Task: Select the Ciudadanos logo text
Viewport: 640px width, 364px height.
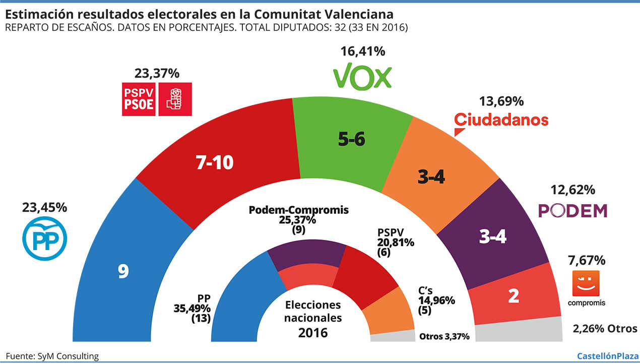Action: pyautogui.click(x=501, y=120)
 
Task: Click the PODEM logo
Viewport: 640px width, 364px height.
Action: pyautogui.click(x=573, y=211)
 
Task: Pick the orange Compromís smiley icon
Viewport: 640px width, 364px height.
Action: pyautogui.click(x=587, y=283)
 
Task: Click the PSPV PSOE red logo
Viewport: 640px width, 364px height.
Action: pyautogui.click(x=157, y=99)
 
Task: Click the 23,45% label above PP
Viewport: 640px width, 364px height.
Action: pyautogui.click(x=44, y=207)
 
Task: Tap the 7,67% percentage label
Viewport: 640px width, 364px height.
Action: pyautogui.click(x=586, y=261)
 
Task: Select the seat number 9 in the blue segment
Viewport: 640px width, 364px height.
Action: pyautogui.click(x=123, y=272)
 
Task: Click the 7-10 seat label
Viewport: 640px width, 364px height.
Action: pyautogui.click(x=215, y=162)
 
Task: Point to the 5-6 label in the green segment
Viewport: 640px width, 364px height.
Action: pyautogui.click(x=351, y=140)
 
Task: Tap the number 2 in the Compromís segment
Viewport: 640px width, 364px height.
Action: pyautogui.click(x=514, y=295)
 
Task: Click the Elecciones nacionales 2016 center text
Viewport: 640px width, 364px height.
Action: pyautogui.click(x=312, y=319)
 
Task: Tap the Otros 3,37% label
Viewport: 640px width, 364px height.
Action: pyautogui.click(x=444, y=336)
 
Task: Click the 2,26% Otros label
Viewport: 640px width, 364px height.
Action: pyautogui.click(x=605, y=329)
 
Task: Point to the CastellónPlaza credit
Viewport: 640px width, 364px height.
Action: pyautogui.click(x=607, y=356)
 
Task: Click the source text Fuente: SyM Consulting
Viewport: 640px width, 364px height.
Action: pyautogui.click(x=52, y=356)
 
